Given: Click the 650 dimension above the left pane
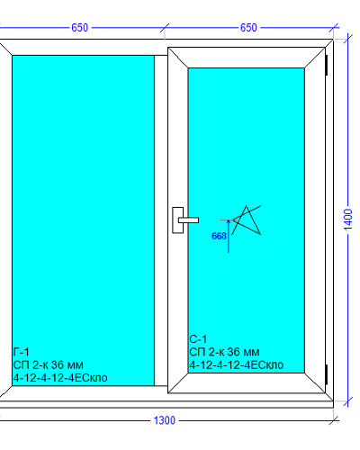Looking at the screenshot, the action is click(79, 28).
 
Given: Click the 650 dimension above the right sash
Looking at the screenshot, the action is click(248, 28).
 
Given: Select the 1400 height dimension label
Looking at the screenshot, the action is click(348, 220).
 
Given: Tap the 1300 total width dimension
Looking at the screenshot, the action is click(165, 420).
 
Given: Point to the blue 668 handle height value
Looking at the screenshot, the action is click(219, 236).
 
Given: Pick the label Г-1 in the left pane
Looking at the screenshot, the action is click(22, 352).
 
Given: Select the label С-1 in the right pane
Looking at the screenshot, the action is click(198, 339).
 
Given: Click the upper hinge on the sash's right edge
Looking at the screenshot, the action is click(327, 65).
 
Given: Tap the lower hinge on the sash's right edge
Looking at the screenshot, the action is click(327, 374).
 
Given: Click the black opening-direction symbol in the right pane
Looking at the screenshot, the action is click(246, 220).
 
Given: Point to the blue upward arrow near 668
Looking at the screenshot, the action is click(229, 236).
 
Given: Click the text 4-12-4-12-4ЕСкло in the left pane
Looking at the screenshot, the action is click(60, 378).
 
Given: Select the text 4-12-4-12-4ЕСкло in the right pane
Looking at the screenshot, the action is click(237, 364).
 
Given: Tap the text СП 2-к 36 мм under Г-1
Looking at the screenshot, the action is click(49, 364).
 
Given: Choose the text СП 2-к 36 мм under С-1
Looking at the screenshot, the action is click(224, 352).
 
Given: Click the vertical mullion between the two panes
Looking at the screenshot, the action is click(161, 220).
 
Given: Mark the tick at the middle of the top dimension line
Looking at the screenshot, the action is click(165, 28).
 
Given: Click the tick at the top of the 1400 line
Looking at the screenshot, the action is click(348, 39).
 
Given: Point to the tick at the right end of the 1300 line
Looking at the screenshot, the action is click(334, 420).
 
